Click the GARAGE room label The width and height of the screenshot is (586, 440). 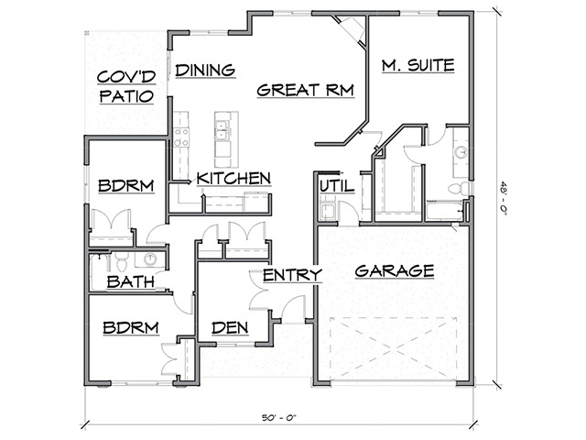(x=394, y=271)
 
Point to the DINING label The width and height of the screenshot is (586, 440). (x=206, y=70)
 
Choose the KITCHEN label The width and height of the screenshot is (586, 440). (x=233, y=178)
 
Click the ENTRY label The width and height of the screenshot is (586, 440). (x=292, y=274)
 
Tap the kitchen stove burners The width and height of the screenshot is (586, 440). (x=181, y=137)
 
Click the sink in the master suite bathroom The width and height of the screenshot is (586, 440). (x=461, y=151)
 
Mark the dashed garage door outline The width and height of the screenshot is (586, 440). (x=394, y=346)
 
